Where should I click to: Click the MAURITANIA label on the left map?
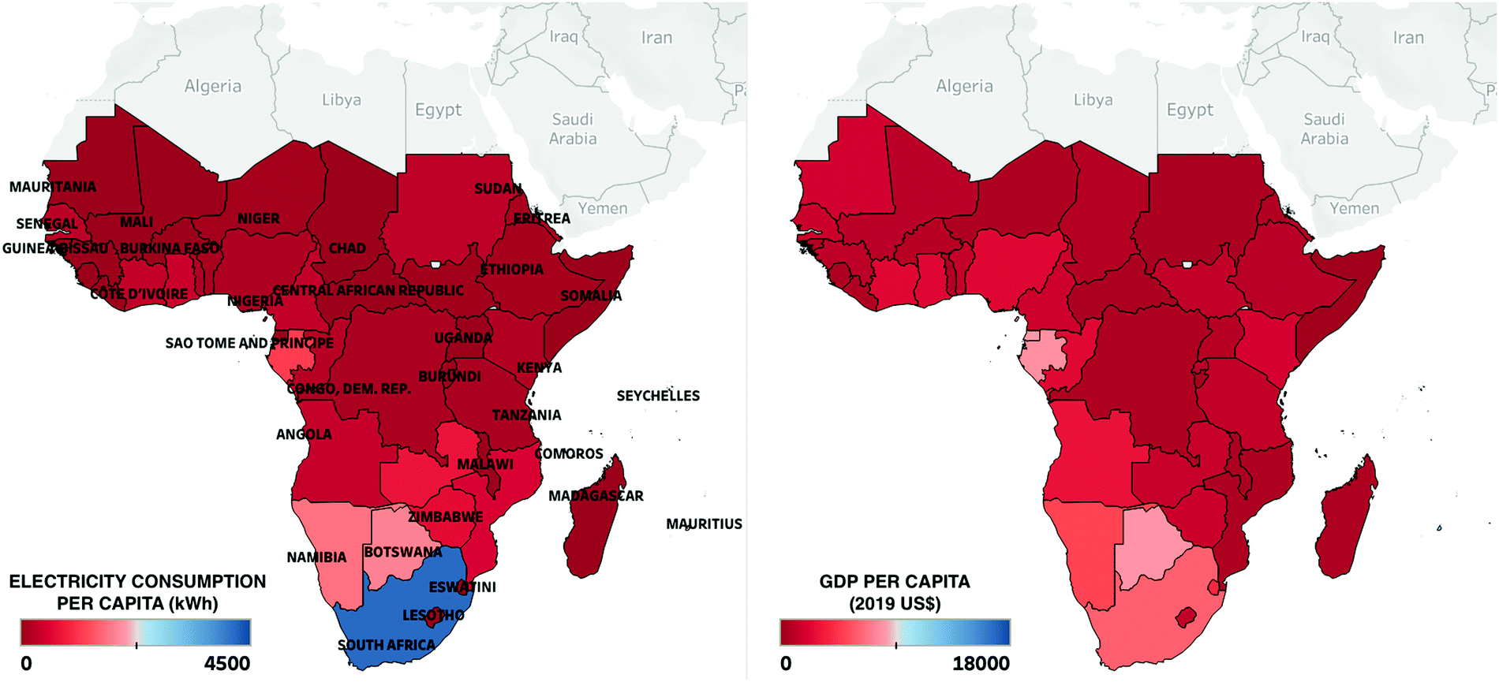click(x=53, y=187)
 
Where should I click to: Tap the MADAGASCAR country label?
click(x=596, y=496)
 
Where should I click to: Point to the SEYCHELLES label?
click(x=658, y=396)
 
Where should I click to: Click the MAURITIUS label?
click(x=704, y=524)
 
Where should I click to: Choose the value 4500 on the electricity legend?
click(x=227, y=663)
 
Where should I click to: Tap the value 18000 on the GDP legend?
click(x=981, y=663)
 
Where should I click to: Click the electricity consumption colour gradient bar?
click(x=136, y=632)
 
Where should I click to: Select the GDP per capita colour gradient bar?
click(x=895, y=632)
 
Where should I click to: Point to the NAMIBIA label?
click(x=316, y=557)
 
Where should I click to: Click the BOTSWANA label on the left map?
click(x=403, y=552)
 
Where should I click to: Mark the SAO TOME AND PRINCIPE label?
click(x=249, y=343)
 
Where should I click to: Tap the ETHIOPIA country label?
click(x=512, y=270)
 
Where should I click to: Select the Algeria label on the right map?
click(x=964, y=86)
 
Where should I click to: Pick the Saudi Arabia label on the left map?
click(x=573, y=129)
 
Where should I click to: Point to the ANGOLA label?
click(x=304, y=434)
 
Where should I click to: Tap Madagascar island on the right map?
click(x=1345, y=520)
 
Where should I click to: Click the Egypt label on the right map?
click(x=1190, y=110)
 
